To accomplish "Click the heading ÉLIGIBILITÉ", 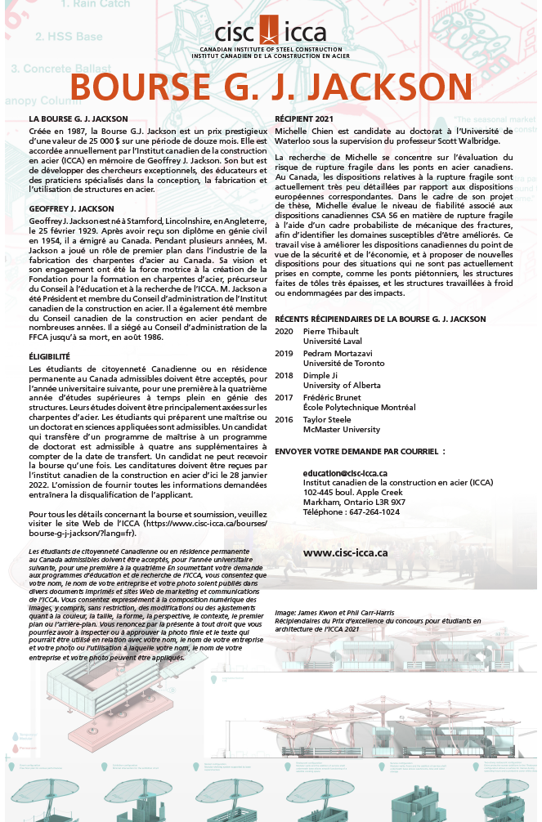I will coord(49,357).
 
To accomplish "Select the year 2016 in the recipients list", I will coord(284,419).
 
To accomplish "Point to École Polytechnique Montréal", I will coord(359,407).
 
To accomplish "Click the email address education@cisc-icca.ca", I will coord(345,472).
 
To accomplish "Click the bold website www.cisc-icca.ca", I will coord(345,552).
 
